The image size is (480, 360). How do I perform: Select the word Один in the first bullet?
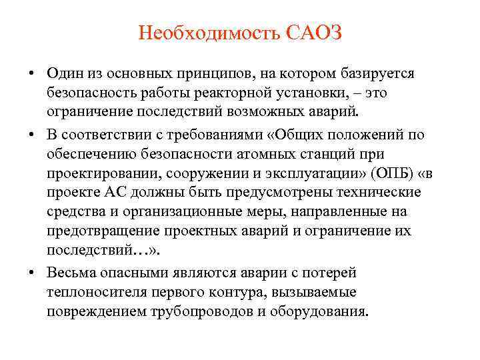click(65, 72)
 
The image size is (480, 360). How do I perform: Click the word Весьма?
click(71, 273)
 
